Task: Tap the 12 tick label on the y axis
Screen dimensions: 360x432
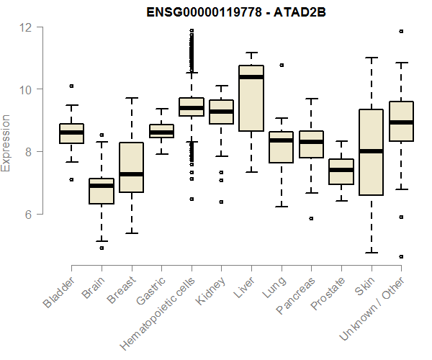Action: coord(27,27)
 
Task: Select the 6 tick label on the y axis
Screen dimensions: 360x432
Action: coord(27,215)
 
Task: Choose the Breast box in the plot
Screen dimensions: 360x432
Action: coord(131,168)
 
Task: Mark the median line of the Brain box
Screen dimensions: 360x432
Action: coord(102,186)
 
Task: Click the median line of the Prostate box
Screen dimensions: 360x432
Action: coord(341,170)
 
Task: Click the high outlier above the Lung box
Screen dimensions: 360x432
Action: coord(282,65)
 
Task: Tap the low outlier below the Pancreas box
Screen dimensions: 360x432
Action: coord(311,218)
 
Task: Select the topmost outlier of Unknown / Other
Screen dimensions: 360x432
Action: coord(401,31)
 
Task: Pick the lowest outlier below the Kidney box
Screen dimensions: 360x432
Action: coord(221,202)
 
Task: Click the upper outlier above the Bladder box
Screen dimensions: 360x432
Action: coord(71,86)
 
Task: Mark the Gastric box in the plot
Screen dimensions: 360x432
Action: coord(161,130)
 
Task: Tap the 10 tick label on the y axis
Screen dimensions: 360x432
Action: coord(27,89)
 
